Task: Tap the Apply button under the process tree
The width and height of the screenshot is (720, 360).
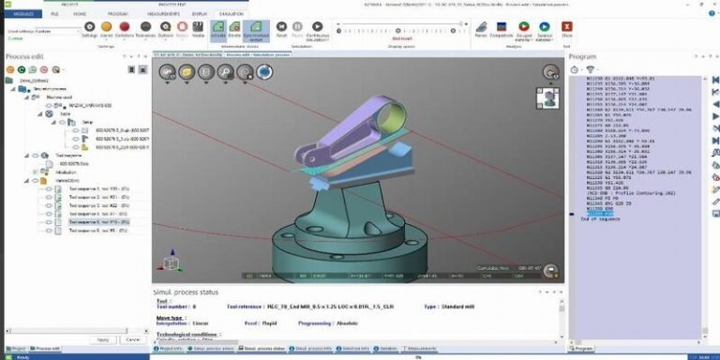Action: [104, 339]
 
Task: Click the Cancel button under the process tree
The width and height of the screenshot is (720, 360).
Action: [132, 339]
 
